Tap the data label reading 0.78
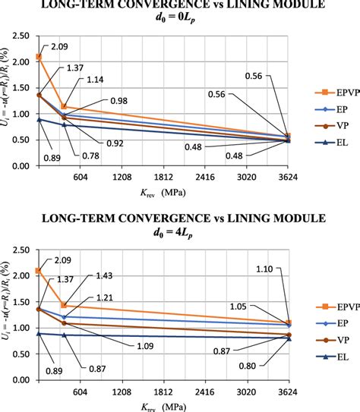pyautogui.click(x=90, y=156)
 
